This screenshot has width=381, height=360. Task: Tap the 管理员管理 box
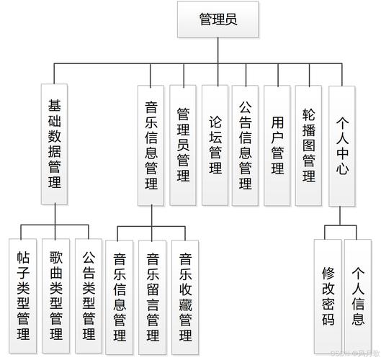(x=183, y=144)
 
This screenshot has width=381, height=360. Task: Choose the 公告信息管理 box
(x=246, y=140)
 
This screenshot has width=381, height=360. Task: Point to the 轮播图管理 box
(x=309, y=140)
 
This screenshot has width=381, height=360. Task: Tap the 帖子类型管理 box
(x=24, y=295)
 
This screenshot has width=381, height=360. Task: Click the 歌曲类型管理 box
(x=57, y=295)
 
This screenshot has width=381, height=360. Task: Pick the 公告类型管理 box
(x=90, y=295)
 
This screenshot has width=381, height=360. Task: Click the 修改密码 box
(x=328, y=295)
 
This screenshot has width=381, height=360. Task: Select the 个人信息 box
(x=359, y=295)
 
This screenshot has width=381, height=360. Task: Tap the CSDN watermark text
(x=354, y=353)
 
